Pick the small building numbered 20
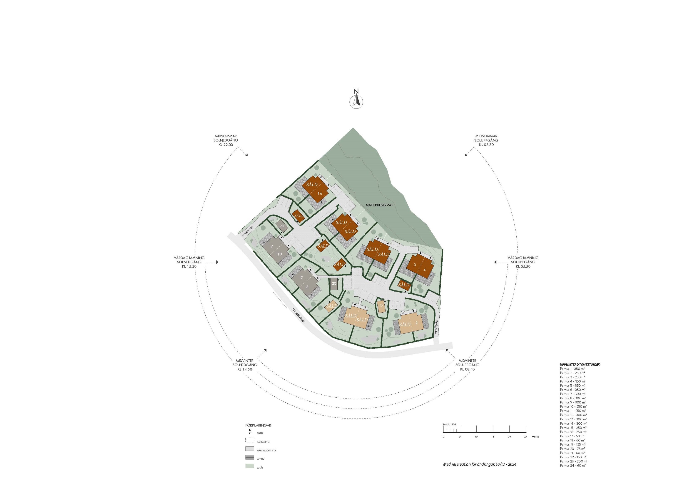tap(334, 284)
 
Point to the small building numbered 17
tap(381, 306)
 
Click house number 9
tap(272, 246)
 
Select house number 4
tap(425, 270)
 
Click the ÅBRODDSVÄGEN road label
tap(299, 316)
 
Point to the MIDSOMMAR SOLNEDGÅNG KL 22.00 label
tap(226, 140)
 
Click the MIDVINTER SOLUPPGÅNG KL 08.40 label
tap(467, 365)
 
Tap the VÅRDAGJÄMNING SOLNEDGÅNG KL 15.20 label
tap(189, 262)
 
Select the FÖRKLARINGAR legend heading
tap(258, 425)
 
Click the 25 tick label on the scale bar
tap(525, 436)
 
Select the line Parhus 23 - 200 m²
tap(573, 461)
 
